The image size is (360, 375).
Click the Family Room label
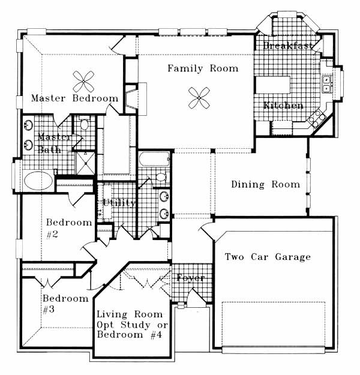point(203,68)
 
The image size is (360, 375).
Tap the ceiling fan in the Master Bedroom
point(83,82)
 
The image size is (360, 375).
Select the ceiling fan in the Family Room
point(199,98)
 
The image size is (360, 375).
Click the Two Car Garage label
point(268,257)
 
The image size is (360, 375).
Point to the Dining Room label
point(266,184)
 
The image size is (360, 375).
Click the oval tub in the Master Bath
point(38,181)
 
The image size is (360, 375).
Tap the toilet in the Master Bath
point(84,123)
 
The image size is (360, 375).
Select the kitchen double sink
point(326,84)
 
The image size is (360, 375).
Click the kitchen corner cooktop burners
point(317,118)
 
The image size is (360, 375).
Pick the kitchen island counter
point(273,85)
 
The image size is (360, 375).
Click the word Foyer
point(191,278)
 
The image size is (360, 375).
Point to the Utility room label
point(119,203)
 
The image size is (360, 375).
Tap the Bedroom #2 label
point(69,229)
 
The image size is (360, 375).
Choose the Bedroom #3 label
point(65,304)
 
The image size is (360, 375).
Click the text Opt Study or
point(133,325)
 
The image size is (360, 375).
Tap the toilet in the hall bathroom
point(162,177)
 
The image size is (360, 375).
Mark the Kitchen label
point(283,106)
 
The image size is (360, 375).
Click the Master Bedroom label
point(74,98)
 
